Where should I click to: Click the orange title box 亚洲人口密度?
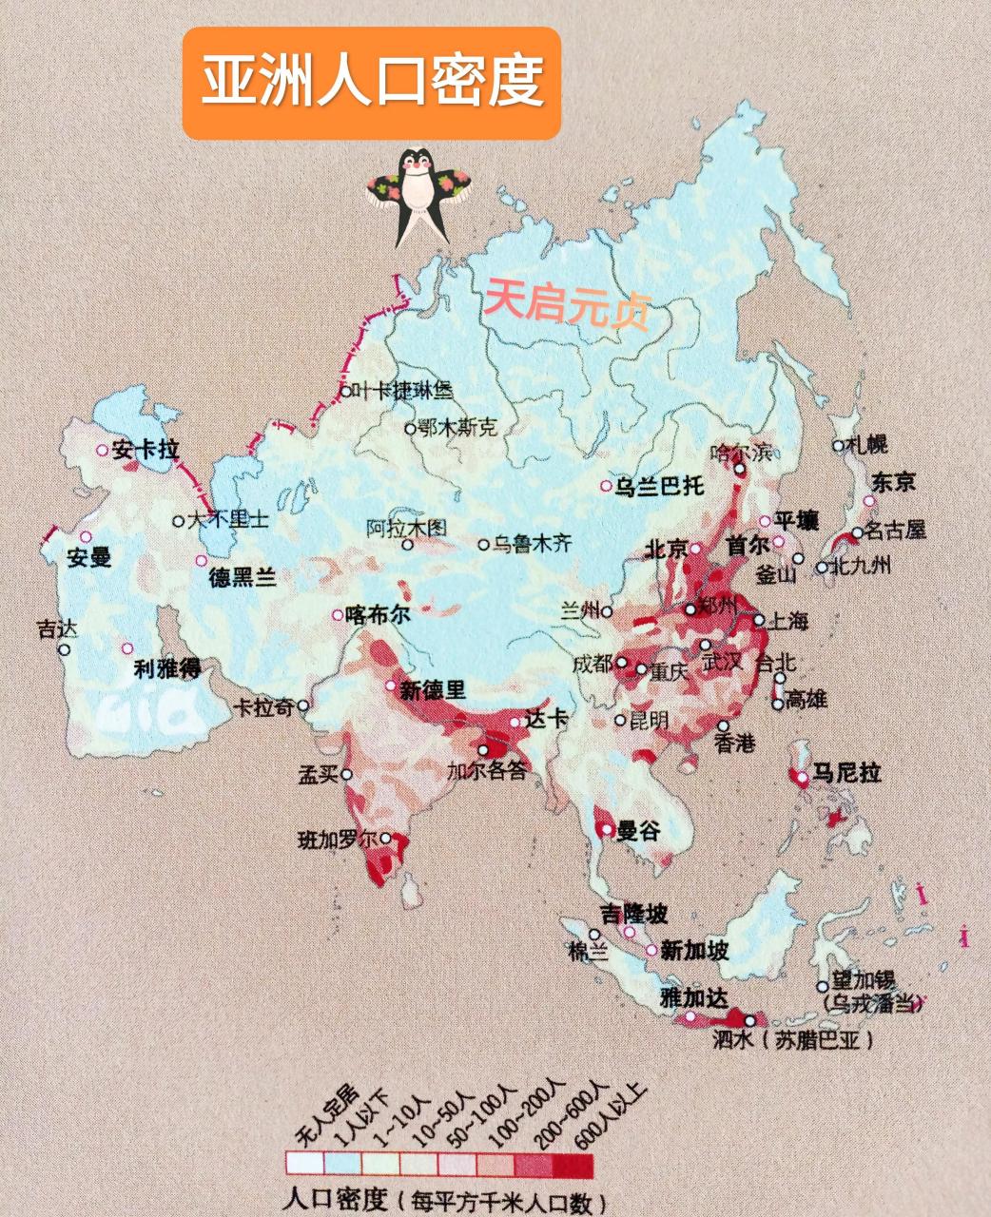point(371,84)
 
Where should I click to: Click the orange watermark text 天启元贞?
point(567,301)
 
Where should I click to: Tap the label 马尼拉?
point(845,772)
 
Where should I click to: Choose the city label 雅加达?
point(694,997)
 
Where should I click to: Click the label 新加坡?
point(694,949)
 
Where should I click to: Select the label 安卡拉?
point(145,451)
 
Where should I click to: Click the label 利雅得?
point(166,669)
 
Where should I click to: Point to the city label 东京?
point(893,482)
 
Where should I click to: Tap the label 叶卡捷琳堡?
point(403,390)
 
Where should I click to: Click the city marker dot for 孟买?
point(346,775)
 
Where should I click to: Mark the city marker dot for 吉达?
point(64,650)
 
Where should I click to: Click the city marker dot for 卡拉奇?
point(302,705)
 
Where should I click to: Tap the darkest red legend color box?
point(573,1164)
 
